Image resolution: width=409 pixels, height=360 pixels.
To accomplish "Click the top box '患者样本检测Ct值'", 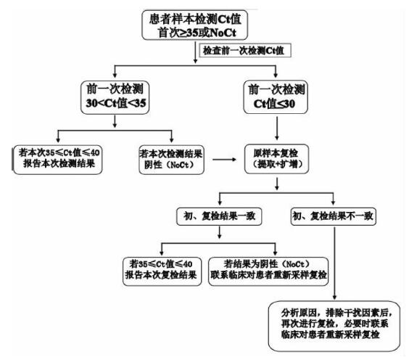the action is (194, 25).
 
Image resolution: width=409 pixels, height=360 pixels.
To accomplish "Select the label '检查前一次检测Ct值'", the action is (245, 50).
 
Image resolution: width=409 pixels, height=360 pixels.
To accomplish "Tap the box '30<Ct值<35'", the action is (115, 97).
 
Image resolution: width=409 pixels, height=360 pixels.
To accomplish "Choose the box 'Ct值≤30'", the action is (276, 97).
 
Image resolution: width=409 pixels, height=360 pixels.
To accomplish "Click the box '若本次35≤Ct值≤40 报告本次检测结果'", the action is (57, 160).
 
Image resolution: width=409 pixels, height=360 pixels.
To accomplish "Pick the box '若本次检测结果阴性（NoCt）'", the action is (171, 160).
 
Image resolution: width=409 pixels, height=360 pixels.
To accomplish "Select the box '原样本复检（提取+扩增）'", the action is (277, 159).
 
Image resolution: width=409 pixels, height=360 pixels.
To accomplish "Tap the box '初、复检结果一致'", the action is (219, 216).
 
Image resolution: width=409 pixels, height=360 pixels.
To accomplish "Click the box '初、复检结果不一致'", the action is (334, 216).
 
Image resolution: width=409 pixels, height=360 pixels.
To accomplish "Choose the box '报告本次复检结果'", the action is (162, 271).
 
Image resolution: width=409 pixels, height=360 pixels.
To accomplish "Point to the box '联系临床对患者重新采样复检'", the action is (268, 271).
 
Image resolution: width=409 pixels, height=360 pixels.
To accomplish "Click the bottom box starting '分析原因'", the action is (334, 326).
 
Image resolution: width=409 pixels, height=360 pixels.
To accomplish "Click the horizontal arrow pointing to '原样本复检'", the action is (224, 160).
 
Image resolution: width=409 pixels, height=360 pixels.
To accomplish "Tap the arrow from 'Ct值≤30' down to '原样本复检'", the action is (277, 128).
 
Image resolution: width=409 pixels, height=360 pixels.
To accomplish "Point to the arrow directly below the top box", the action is (195, 52).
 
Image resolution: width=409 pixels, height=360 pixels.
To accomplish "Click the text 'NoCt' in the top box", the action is (223, 33).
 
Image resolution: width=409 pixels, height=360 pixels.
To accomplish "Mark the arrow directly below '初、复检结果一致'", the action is (220, 232).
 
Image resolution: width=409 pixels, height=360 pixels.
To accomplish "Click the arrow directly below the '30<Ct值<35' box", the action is (115, 121).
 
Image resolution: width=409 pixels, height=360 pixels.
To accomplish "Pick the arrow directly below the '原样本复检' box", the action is (277, 184).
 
